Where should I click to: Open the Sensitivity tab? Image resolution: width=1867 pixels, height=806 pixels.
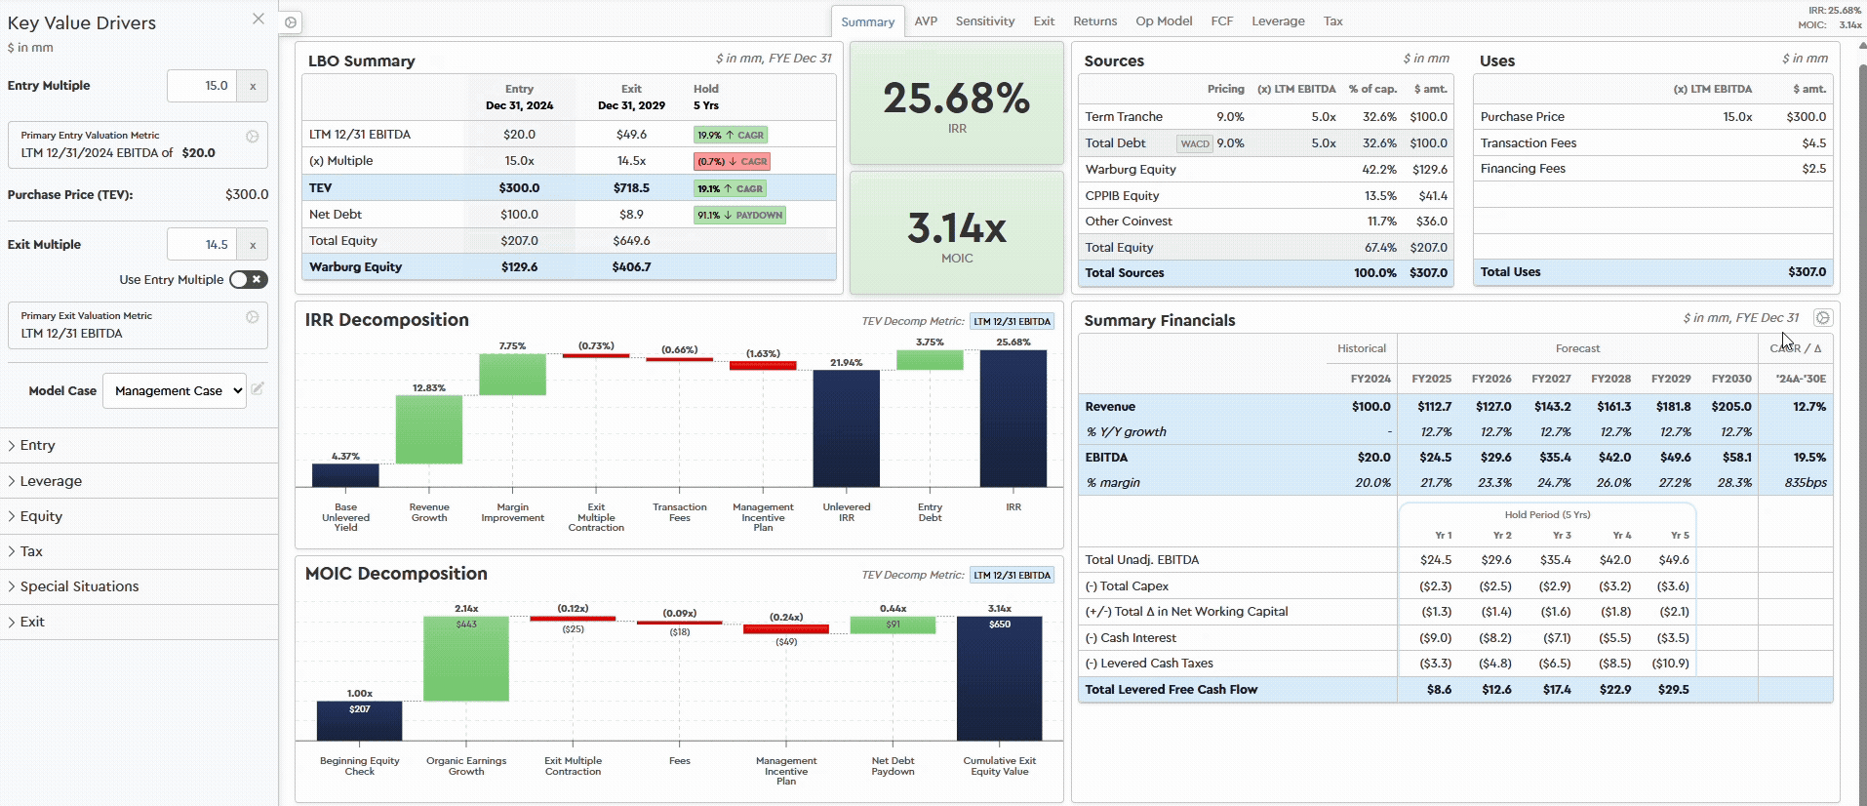point(984,21)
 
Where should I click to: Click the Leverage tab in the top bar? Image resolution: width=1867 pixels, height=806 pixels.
point(1278,21)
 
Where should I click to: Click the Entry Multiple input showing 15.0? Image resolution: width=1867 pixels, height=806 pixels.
point(202,86)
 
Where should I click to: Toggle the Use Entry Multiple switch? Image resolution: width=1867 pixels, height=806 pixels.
point(249,280)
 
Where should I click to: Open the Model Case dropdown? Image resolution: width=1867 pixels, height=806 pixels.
point(175,391)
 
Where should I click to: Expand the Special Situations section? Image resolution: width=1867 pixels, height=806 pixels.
point(79,586)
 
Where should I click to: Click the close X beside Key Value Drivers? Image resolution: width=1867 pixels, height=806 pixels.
point(258,19)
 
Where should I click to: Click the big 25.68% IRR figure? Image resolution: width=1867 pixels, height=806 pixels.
point(956,99)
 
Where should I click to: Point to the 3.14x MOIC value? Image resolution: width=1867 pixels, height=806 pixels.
point(956,229)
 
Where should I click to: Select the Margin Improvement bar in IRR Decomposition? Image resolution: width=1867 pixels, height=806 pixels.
point(512,375)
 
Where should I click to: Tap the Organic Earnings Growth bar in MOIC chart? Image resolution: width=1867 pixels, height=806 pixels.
point(466,659)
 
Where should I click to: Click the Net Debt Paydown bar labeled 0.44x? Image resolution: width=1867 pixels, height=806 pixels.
point(893,625)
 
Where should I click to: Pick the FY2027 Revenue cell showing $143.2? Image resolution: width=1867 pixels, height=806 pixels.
point(1552,407)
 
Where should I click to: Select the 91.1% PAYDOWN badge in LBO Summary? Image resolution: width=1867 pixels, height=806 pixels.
point(739,215)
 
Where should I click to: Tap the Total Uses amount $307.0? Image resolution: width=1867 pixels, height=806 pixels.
point(1807,272)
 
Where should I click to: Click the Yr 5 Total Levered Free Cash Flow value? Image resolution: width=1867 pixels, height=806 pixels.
point(1673,690)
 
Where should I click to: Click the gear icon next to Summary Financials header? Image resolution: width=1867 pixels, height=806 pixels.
point(1822,318)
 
